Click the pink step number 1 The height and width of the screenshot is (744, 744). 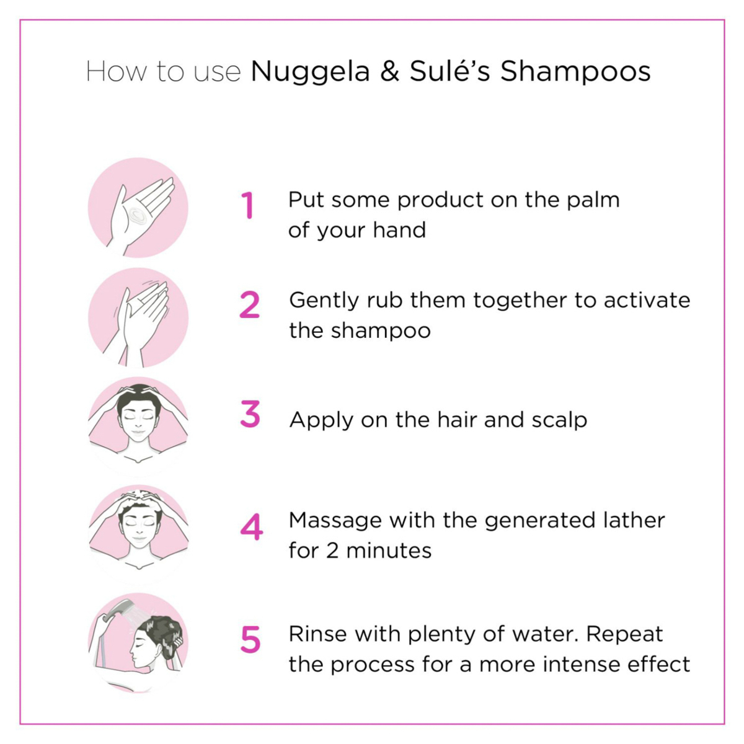click(247, 205)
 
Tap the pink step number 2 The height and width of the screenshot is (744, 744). click(249, 304)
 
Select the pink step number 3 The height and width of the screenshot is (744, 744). click(250, 414)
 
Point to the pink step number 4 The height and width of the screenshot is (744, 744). click(251, 526)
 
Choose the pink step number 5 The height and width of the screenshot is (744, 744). click(250, 639)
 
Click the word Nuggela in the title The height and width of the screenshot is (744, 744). click(311, 73)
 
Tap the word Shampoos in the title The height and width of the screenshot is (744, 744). click(575, 73)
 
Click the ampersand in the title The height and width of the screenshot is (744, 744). click(389, 71)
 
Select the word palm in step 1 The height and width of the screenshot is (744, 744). click(593, 201)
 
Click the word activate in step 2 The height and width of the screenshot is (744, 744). click(647, 300)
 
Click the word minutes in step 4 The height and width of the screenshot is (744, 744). click(389, 551)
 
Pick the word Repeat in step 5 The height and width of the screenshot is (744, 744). click(624, 635)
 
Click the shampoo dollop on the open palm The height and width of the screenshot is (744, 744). click(138, 215)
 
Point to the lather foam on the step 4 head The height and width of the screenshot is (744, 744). click(139, 499)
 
